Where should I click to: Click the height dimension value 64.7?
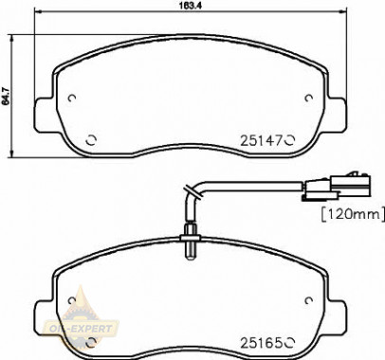pos(5,96)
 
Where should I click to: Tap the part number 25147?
pos(261,140)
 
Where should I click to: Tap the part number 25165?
pos(261,343)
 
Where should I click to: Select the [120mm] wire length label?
pos(353,214)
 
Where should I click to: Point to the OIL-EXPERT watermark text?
pos(82,329)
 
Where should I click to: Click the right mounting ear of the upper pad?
pos(337,115)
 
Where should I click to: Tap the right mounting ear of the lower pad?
pos(337,317)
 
